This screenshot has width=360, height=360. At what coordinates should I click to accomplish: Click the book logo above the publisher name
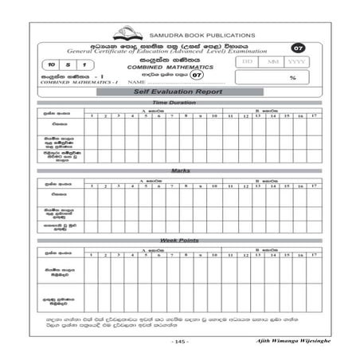coord(127,34)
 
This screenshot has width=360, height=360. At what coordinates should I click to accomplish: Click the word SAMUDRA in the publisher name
coord(166,36)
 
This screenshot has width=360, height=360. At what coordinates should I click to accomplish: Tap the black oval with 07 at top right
coord(298,48)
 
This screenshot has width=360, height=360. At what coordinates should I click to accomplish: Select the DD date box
coord(248,61)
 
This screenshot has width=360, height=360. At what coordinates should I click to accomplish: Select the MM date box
coord(272,61)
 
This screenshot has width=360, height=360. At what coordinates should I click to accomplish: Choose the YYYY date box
coord(296,61)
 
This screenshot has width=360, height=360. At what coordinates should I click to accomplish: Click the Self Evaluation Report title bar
coord(179,92)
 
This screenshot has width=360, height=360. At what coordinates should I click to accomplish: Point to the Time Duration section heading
coord(179,104)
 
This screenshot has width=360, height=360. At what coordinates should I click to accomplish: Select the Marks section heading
coord(179,171)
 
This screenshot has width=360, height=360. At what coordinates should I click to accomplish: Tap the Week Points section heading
coord(179,241)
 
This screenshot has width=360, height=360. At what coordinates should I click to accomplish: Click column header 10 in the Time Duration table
coord(213,117)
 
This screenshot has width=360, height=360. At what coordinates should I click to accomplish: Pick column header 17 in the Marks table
coord(315,185)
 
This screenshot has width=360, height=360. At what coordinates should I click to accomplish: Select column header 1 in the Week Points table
coord(92,254)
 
